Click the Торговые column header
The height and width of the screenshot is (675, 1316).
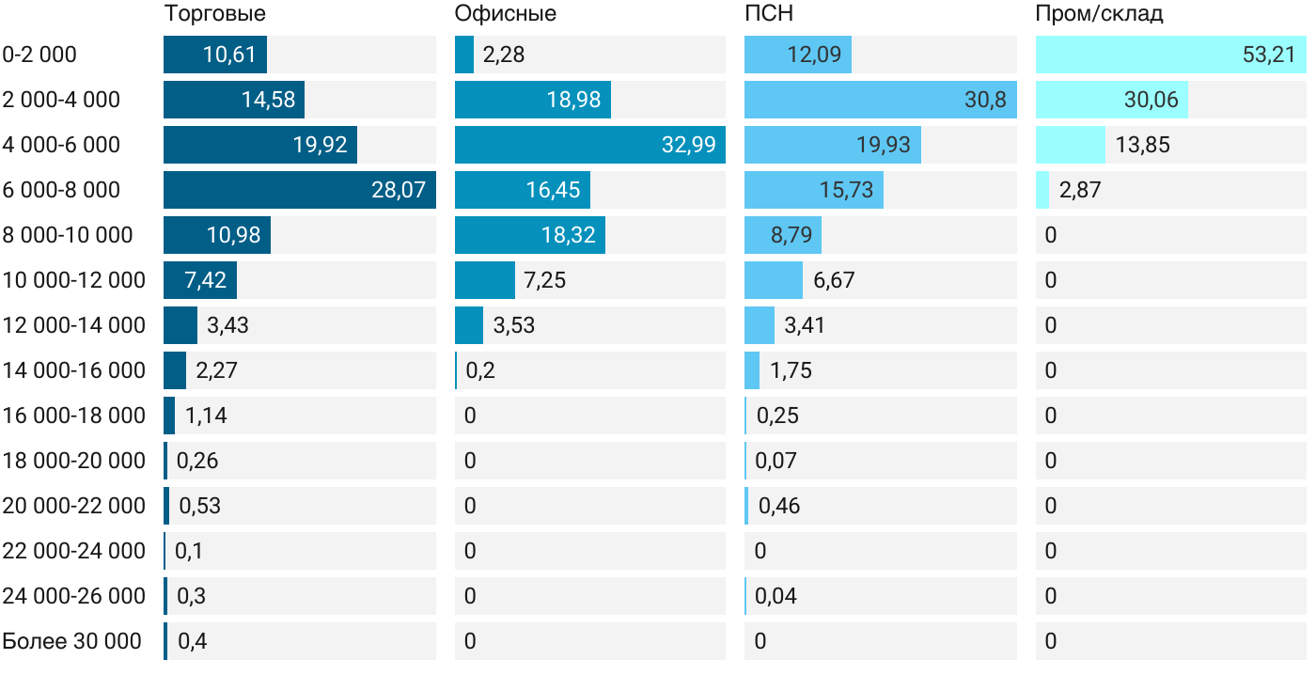coord(214,13)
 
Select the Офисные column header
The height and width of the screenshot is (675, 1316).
coord(505,13)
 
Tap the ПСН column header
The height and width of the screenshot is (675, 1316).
coord(770,13)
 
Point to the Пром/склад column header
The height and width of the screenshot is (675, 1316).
coord(1099,13)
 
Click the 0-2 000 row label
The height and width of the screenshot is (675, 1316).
coord(39,55)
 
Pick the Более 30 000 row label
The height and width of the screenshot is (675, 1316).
coord(71,641)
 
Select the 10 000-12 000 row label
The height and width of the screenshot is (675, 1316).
coord(74,280)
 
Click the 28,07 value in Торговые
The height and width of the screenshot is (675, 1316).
coord(399,190)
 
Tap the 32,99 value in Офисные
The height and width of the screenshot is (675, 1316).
coord(688,145)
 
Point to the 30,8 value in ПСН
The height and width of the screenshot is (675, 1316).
coord(985,100)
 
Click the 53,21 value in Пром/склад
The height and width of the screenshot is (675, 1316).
coord(1269,55)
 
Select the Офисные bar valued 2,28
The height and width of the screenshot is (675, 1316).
coord(464,55)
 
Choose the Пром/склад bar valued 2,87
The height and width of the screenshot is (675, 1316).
coord(1042,190)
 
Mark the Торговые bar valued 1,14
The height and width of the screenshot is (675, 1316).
coord(169,416)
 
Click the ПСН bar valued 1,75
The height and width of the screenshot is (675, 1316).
coord(752,370)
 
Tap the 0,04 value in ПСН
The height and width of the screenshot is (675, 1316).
coord(775,596)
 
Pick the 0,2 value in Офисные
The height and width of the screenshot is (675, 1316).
coord(480,370)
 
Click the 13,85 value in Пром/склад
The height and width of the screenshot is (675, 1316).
coord(1143,145)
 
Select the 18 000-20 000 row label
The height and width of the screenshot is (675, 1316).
coord(74,461)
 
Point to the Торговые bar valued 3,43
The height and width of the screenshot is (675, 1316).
coord(180,325)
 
